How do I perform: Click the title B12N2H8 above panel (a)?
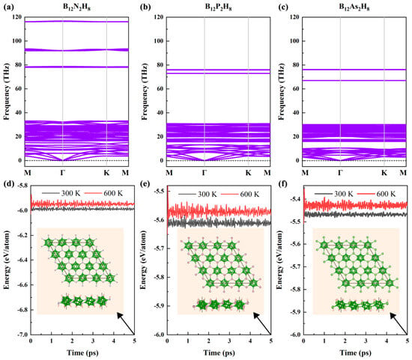click(76, 7)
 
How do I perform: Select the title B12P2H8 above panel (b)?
click(218, 7)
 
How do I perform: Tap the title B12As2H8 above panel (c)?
click(354, 7)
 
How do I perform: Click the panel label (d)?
click(8, 183)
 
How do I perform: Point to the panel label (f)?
click(282, 183)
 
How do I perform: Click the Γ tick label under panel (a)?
click(62, 173)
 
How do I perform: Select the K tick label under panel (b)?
click(248, 173)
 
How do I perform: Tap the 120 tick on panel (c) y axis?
click(294, 16)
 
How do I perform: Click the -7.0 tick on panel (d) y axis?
click(22, 335)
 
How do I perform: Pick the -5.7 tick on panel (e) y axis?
click(159, 248)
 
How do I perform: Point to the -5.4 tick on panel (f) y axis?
click(295, 199)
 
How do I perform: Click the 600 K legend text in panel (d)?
click(113, 193)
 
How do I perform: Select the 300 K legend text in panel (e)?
click(207, 194)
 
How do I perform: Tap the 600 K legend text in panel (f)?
click(386, 194)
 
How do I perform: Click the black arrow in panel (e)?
click(262, 323)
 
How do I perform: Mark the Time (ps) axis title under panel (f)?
click(356, 353)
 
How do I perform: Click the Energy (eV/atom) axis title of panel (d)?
click(7, 260)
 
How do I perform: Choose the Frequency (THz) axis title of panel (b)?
click(145, 91)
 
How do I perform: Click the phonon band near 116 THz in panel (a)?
click(76, 22)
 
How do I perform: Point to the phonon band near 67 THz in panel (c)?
click(354, 80)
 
